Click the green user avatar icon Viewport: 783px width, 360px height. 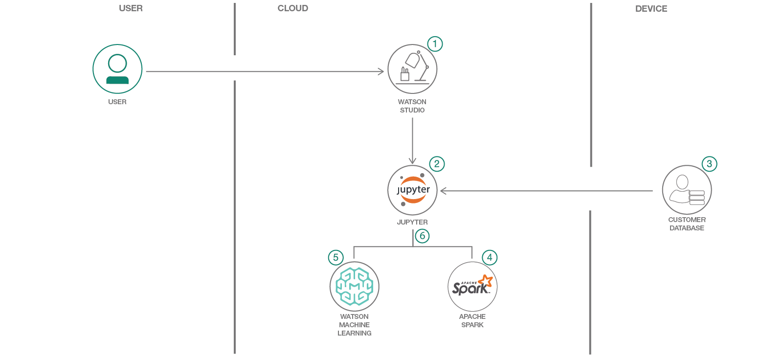pos(117,69)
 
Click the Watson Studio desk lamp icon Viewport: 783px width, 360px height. pos(412,69)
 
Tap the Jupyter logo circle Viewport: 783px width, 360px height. pos(412,190)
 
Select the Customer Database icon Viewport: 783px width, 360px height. pos(687,190)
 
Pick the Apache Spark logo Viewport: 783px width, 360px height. pos(472,286)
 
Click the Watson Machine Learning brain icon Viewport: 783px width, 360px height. pos(355,286)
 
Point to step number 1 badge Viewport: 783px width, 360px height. pos(435,44)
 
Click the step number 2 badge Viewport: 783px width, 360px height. pos(437,164)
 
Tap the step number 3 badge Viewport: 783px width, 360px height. pos(709,164)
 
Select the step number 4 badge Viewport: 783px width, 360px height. pos(490,257)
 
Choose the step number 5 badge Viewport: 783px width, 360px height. pos(336,257)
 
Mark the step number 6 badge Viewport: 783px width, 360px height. pos(423,236)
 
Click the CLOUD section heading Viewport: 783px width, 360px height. pos(293,8)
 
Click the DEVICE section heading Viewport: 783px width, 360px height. pos(651,9)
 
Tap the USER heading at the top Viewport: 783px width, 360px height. pos(131,8)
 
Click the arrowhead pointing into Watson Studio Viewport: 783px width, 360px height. pos(381,71)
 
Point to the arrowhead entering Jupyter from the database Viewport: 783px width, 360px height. pos(443,191)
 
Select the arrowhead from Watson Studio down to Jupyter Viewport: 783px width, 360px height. pos(412,161)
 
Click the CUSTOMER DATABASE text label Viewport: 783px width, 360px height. pos(687,224)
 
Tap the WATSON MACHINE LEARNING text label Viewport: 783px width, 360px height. pos(355,325)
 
